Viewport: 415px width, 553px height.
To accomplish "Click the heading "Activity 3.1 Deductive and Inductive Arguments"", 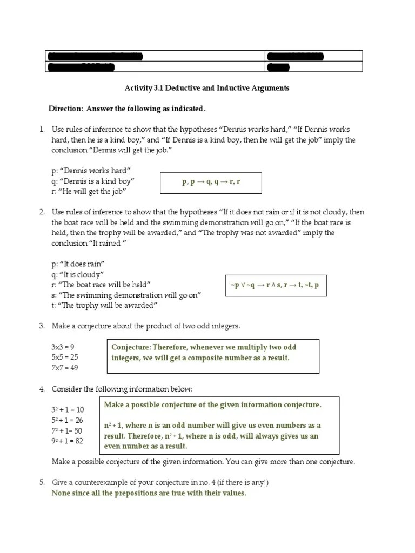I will [207, 88].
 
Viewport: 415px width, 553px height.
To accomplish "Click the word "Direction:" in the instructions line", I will [65, 109].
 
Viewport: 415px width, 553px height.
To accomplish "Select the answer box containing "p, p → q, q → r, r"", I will [211, 183].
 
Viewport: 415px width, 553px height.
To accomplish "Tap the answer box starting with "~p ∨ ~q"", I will [276, 285].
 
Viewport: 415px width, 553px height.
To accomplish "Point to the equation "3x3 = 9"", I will [63, 347].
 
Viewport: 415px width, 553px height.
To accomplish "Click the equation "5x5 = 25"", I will [65, 357].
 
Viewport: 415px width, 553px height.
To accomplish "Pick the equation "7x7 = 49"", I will [65, 368].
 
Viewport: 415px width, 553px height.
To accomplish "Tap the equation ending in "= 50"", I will [66, 430].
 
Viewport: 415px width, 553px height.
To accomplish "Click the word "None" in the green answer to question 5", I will [61, 494].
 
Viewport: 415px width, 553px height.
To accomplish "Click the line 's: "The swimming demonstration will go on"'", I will [126, 295].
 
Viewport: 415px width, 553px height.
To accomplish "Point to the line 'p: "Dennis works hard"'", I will [91, 171].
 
